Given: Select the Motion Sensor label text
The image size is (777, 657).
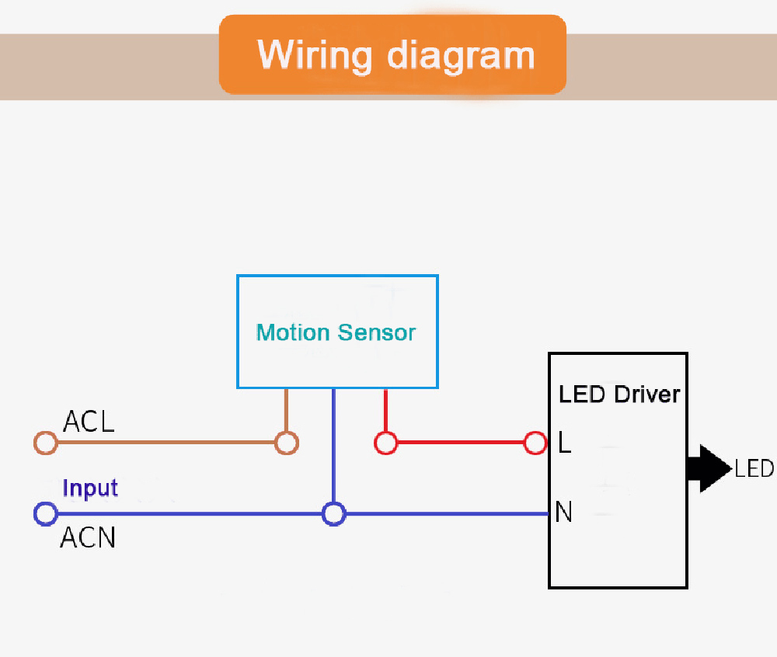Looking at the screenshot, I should (336, 333).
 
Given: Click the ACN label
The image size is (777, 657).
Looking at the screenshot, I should (88, 537).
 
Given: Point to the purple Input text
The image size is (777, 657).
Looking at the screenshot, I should (90, 488).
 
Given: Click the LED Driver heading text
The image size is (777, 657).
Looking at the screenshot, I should (619, 394).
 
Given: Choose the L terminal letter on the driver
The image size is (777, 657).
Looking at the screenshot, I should (565, 443).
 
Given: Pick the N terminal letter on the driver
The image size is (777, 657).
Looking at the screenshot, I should (564, 513).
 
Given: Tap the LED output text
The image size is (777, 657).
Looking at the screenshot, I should (754, 468).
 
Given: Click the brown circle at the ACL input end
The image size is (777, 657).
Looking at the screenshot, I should (46, 443).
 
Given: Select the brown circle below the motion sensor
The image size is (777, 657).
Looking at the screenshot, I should (287, 443).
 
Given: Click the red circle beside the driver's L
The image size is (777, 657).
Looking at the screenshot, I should (535, 443).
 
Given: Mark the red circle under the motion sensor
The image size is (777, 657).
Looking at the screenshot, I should (385, 443).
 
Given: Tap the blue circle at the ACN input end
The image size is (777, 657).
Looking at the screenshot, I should (46, 513).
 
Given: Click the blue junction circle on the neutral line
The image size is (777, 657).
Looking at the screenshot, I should (334, 513).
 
